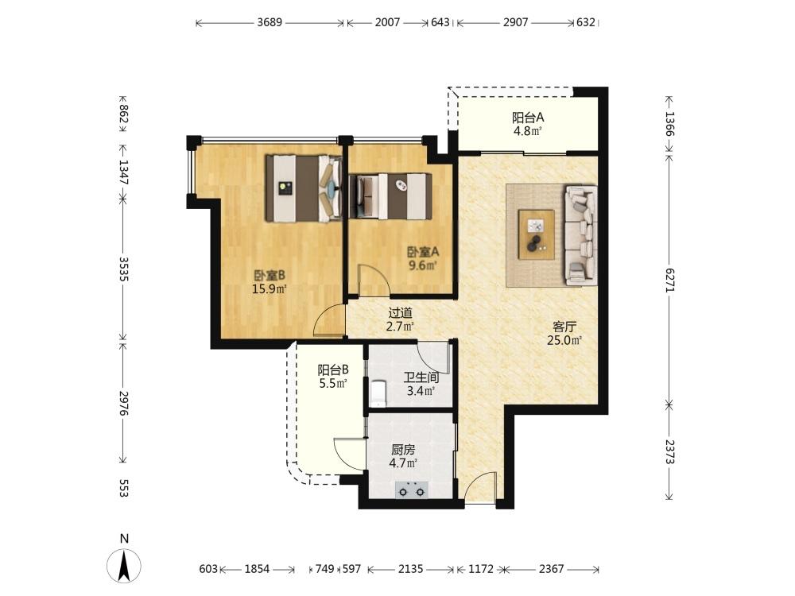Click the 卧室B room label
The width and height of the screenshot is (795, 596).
click(x=270, y=275)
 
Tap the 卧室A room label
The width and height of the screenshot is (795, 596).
click(x=423, y=251)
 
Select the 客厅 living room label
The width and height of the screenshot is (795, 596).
click(x=564, y=327)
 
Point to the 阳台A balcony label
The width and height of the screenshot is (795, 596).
click(x=528, y=118)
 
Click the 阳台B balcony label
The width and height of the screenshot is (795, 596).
click(x=333, y=370)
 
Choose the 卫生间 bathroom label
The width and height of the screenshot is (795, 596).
click(x=421, y=377)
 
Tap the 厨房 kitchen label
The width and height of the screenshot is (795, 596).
click(x=403, y=450)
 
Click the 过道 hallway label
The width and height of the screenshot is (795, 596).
click(x=400, y=313)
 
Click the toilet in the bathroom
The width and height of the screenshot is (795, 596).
click(x=378, y=394)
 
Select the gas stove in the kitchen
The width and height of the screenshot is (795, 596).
click(x=411, y=490)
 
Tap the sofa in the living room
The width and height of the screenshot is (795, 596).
click(x=581, y=234)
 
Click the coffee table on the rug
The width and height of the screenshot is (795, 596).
click(x=536, y=234)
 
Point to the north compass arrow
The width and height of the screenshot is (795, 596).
click(x=124, y=566)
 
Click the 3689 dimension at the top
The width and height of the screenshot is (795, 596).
click(x=270, y=22)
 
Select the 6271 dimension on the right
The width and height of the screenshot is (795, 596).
click(x=669, y=280)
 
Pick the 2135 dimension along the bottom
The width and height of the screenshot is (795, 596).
click(x=410, y=569)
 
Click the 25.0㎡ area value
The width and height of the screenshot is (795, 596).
click(x=564, y=340)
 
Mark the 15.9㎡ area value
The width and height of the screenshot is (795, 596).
click(x=270, y=289)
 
